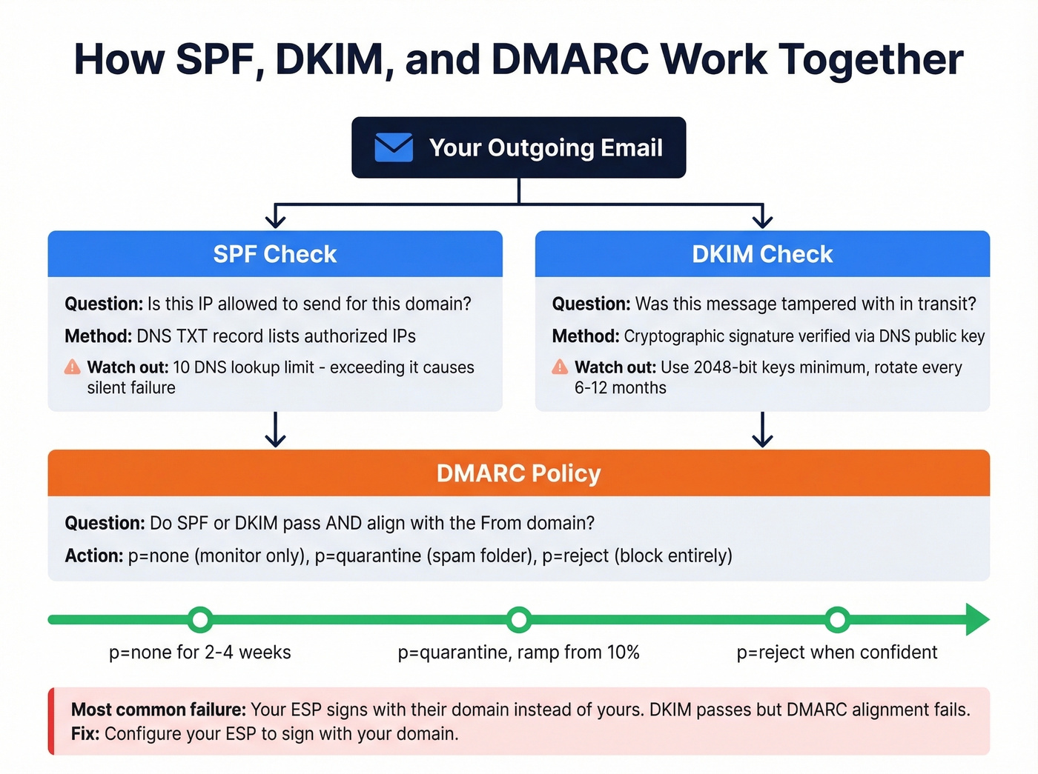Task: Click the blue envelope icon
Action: click(x=394, y=147)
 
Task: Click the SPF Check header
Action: click(x=275, y=254)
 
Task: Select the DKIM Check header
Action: click(x=762, y=254)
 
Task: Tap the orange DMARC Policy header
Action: click(x=518, y=473)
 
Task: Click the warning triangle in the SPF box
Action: click(x=72, y=367)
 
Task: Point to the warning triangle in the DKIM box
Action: click(x=560, y=367)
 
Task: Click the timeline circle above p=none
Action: click(x=200, y=619)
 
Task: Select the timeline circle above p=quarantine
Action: click(x=519, y=619)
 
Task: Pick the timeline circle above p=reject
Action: click(x=837, y=619)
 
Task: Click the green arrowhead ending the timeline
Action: click(x=976, y=619)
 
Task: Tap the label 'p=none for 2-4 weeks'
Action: click(x=200, y=653)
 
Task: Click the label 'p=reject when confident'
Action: click(x=837, y=653)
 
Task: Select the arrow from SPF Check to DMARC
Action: click(x=275, y=430)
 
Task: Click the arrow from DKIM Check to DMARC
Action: click(x=762, y=430)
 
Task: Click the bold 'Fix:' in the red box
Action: click(x=85, y=734)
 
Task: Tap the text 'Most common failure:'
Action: click(x=158, y=710)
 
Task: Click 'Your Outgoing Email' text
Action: click(x=546, y=147)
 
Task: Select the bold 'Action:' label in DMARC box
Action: click(x=94, y=556)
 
